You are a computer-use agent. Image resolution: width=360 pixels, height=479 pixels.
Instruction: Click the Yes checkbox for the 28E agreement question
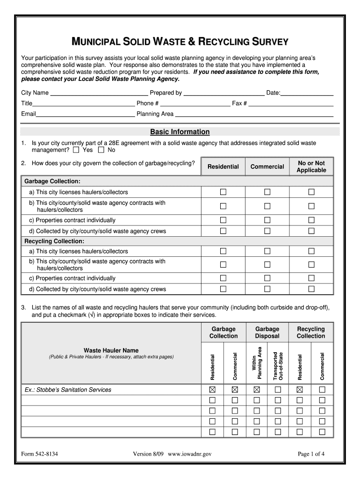click(76, 150)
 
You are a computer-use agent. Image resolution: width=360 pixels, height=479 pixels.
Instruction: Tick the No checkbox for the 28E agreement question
click(101, 150)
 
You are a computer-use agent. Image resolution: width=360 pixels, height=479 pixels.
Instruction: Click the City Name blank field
click(99, 94)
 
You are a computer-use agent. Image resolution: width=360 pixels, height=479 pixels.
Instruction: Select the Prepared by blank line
click(223, 94)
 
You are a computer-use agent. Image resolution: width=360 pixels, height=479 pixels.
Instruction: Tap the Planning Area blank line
click(254, 115)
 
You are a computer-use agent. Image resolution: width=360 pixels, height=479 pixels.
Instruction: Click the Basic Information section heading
click(180, 132)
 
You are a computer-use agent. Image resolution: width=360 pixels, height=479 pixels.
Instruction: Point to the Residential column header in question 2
click(223, 167)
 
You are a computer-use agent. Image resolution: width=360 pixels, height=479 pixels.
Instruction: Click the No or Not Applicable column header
click(311, 167)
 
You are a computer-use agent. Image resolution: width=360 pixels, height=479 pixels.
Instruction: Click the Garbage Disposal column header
click(267, 333)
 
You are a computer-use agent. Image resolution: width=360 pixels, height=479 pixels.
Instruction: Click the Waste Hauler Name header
click(111, 350)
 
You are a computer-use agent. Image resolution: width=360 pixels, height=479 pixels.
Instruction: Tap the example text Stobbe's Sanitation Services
click(68, 390)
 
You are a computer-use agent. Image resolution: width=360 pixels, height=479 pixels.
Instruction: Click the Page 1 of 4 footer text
click(311, 454)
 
